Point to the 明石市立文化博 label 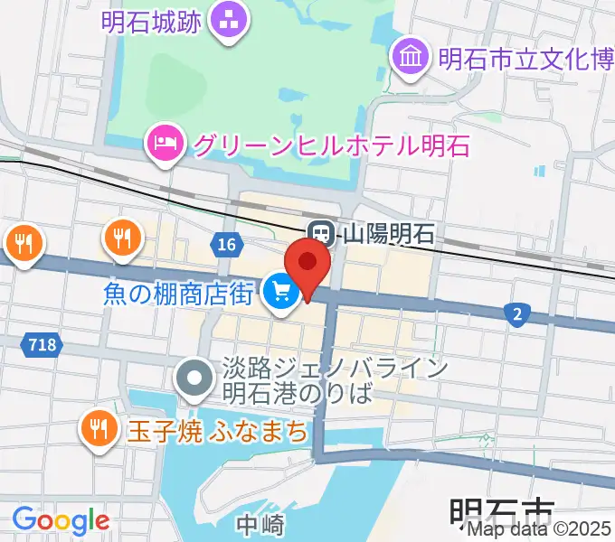[525, 59]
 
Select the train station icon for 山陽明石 [319, 234]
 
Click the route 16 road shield [225, 243]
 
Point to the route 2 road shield [516, 313]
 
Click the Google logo [61, 520]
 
